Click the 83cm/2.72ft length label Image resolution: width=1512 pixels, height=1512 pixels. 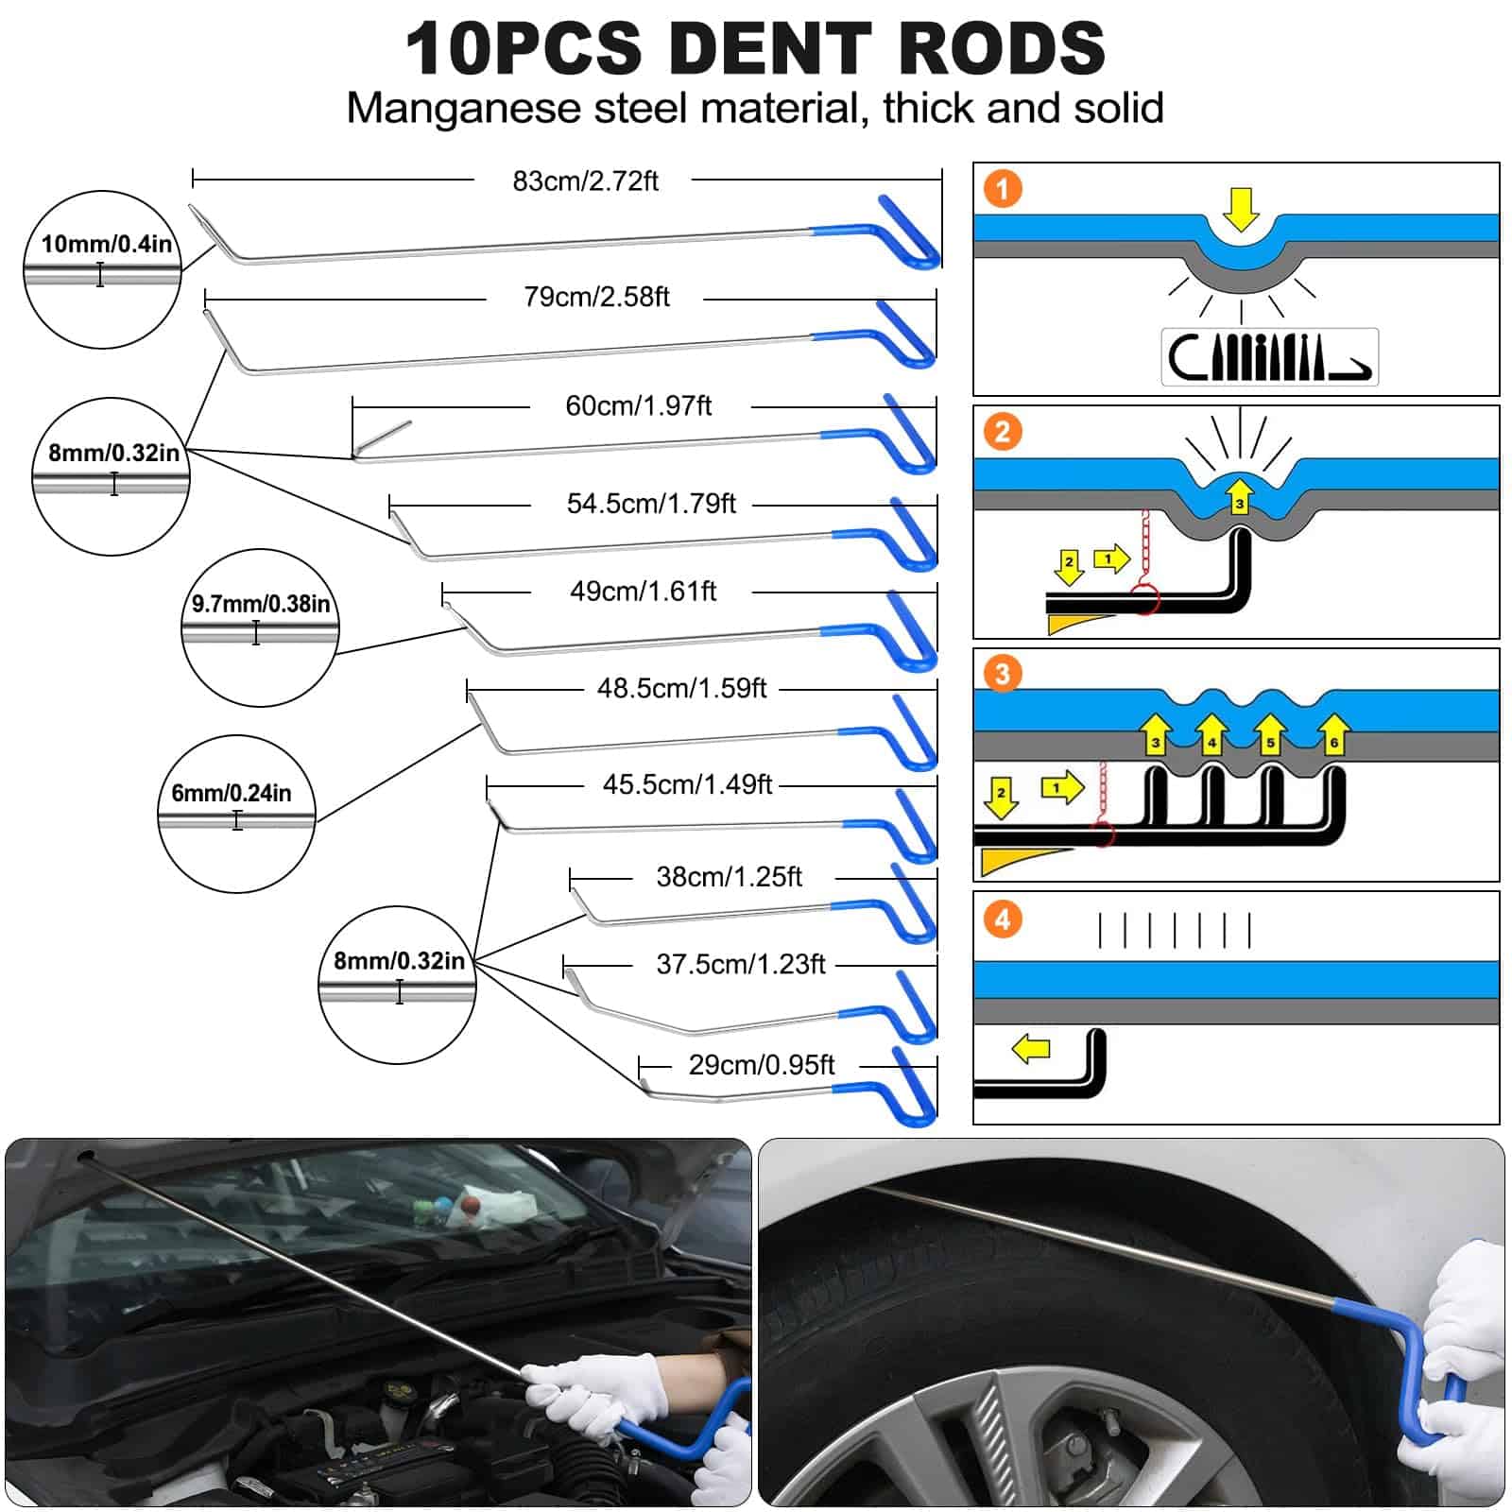(585, 180)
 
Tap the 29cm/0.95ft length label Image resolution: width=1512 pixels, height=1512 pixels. (761, 1065)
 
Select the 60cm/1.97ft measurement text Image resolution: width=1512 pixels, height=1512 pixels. (638, 405)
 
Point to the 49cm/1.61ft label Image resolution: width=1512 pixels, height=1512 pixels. (643, 592)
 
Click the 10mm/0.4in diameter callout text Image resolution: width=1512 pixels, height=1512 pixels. (106, 244)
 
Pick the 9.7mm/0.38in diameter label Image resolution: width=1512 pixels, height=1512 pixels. (261, 604)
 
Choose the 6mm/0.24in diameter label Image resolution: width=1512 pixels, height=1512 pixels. (232, 793)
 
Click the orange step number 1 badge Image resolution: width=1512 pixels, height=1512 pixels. (1003, 188)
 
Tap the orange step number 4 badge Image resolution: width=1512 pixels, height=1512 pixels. (1003, 919)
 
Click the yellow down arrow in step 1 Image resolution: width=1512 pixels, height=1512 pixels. (1241, 208)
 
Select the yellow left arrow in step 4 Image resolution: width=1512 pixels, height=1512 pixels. (1031, 1048)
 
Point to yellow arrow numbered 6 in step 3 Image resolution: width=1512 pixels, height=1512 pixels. (1333, 734)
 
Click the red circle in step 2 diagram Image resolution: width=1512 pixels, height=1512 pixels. (1144, 599)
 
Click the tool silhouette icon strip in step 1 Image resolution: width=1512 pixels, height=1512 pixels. (1269, 356)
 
